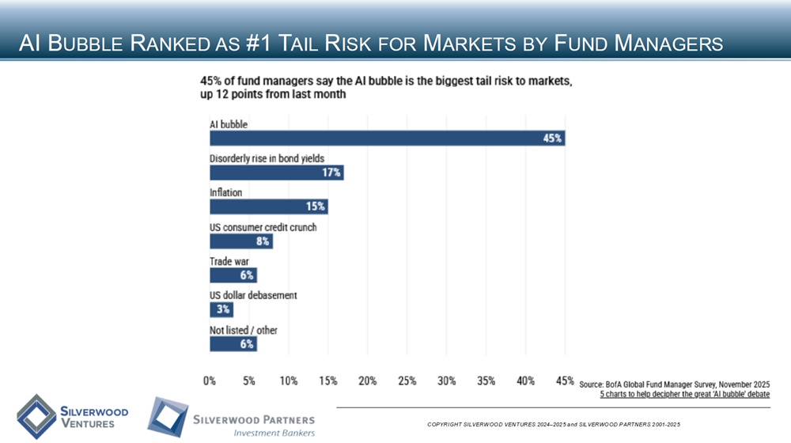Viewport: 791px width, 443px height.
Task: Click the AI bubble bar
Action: tap(387, 138)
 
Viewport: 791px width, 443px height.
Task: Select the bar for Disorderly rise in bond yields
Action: tap(276, 172)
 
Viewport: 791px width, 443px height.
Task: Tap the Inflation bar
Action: tap(268, 206)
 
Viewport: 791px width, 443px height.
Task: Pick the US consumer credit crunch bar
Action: tap(240, 241)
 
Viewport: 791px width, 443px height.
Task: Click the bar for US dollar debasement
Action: tap(221, 309)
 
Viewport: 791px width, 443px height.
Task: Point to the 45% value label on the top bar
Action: tap(552, 138)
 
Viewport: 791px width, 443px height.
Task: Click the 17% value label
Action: tap(331, 172)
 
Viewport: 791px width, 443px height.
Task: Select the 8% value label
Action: tap(263, 241)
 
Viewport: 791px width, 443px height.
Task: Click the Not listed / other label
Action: tap(243, 330)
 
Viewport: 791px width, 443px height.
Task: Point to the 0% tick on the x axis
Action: tap(210, 381)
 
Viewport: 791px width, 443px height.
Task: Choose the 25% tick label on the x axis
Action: tap(407, 381)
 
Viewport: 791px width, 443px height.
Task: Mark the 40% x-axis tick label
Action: tap(525, 381)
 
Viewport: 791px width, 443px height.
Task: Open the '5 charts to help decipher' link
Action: tap(684, 394)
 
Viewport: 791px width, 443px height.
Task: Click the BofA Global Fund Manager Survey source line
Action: tap(674, 384)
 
